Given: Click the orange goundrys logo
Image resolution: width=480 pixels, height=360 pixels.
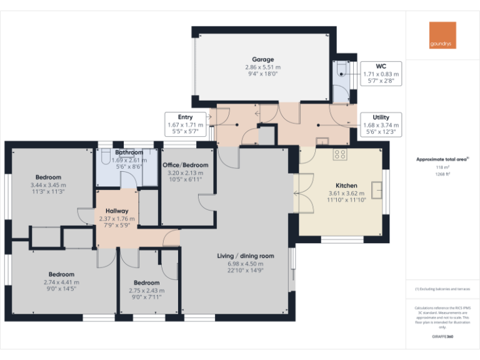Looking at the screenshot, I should click(442, 36).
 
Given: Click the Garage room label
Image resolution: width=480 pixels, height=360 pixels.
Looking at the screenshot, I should click(262, 59).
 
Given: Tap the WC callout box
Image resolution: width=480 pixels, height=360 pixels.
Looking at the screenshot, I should click(381, 74).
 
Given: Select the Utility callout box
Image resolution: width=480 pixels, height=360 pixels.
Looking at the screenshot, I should click(381, 124).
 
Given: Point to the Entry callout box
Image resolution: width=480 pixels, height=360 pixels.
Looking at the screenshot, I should click(185, 124).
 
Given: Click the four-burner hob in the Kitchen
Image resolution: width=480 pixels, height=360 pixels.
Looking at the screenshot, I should click(341, 153).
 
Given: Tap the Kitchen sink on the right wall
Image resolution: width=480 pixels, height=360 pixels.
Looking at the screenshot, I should click(377, 188).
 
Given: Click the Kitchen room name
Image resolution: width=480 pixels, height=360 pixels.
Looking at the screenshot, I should click(346, 186).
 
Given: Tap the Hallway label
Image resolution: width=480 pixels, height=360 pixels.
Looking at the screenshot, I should click(117, 211).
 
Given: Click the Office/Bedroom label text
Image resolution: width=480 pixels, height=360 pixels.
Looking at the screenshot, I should click(185, 165).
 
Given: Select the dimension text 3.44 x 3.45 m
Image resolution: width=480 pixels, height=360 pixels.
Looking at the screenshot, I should click(48, 185).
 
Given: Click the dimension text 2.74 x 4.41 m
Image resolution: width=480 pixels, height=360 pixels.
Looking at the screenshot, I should click(61, 282).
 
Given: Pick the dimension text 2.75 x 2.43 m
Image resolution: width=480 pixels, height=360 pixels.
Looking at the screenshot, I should click(146, 291).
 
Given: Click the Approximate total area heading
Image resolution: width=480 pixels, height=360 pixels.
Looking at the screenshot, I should click(442, 159).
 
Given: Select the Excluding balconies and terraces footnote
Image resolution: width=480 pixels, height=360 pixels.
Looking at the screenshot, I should click(442, 289).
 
